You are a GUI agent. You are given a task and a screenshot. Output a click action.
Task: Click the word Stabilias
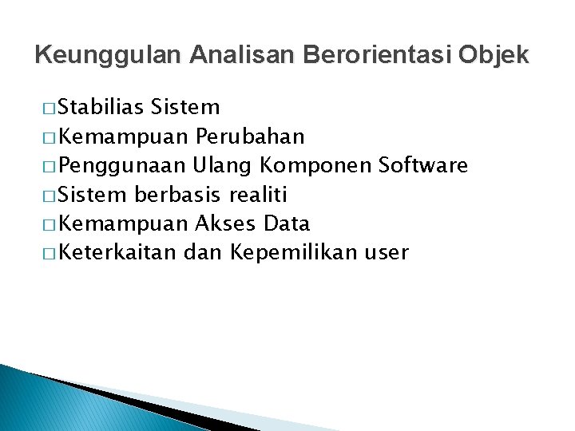point(102,107)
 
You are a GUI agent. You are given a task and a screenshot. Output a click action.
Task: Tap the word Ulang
point(219,166)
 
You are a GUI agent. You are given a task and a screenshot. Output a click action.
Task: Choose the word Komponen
point(315,166)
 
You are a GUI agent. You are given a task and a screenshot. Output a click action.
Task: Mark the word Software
point(423,165)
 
